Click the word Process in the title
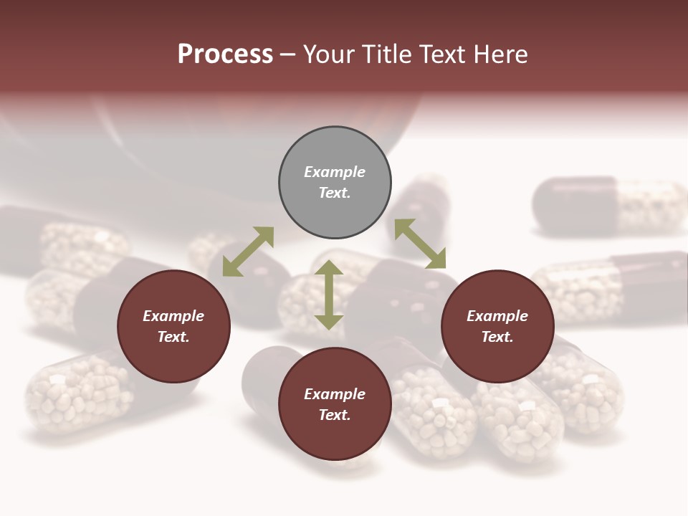tap(225, 54)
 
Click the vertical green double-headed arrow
tap(329, 295)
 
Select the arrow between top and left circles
tap(248, 252)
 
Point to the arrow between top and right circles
tap(420, 244)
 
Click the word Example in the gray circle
tap(335, 172)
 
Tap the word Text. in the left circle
tap(173, 337)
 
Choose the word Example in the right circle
tap(497, 316)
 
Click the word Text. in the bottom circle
tap(335, 415)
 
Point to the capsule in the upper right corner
tap(609, 206)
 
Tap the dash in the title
tap(288, 54)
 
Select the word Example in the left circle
tap(173, 316)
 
